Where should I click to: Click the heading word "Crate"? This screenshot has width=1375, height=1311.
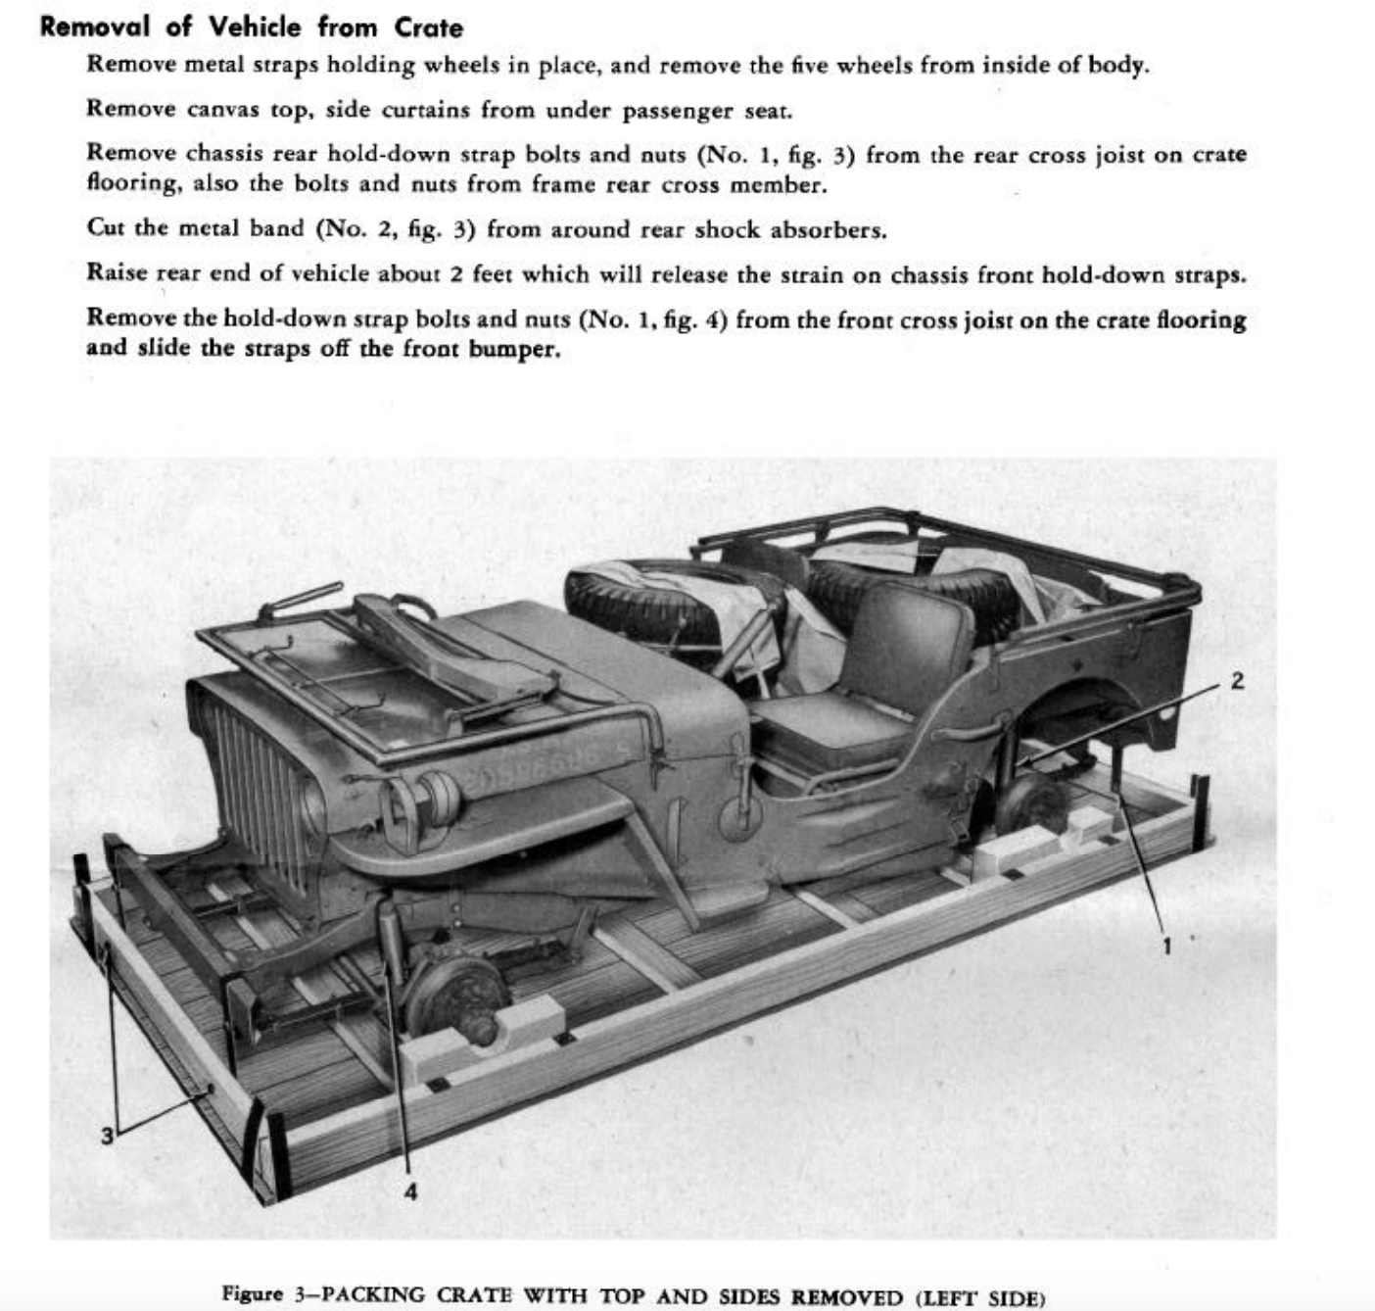tap(428, 26)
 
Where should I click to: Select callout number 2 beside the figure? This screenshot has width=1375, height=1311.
tap(1237, 681)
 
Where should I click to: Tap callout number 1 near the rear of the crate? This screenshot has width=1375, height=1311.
tap(1166, 945)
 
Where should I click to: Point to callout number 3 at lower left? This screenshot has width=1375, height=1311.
tap(107, 1136)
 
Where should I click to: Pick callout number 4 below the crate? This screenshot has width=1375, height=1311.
tap(410, 1191)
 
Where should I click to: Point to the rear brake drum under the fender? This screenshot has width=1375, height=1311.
tap(1033, 803)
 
